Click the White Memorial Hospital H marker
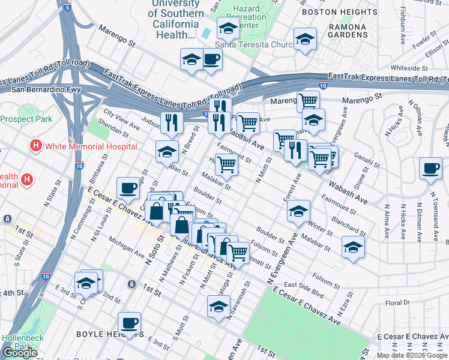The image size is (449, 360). [x=36, y=146]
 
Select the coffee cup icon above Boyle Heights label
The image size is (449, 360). [x=129, y=323]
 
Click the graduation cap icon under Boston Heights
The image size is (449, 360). [x=305, y=39]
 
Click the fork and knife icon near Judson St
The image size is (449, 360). [x=172, y=122]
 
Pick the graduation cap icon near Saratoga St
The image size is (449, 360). [x=218, y=306]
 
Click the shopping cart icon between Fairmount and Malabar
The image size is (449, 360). [x=226, y=164]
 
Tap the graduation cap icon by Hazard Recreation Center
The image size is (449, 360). [x=228, y=28]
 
